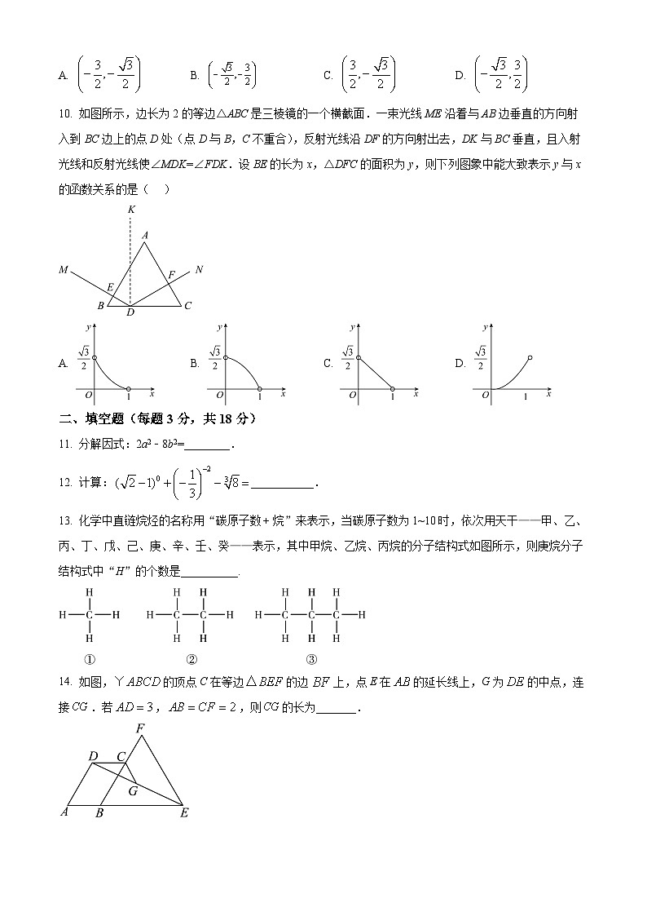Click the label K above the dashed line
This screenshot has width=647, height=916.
click(x=131, y=210)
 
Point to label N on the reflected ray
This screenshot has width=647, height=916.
click(x=199, y=268)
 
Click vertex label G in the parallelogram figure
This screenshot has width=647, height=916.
click(x=133, y=790)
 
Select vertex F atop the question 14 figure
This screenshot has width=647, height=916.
click(x=140, y=728)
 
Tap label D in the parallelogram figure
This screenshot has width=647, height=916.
click(x=93, y=756)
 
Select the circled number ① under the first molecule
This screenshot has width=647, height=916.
click(x=90, y=660)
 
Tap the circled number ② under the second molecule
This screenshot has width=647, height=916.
click(x=191, y=660)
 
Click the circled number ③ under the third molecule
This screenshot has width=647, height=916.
click(x=311, y=660)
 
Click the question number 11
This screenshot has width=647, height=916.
click(x=64, y=445)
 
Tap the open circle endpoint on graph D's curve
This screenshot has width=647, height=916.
click(x=530, y=357)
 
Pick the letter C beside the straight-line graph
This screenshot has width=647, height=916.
click(x=328, y=364)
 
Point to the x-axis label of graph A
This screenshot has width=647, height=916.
click(x=152, y=393)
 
